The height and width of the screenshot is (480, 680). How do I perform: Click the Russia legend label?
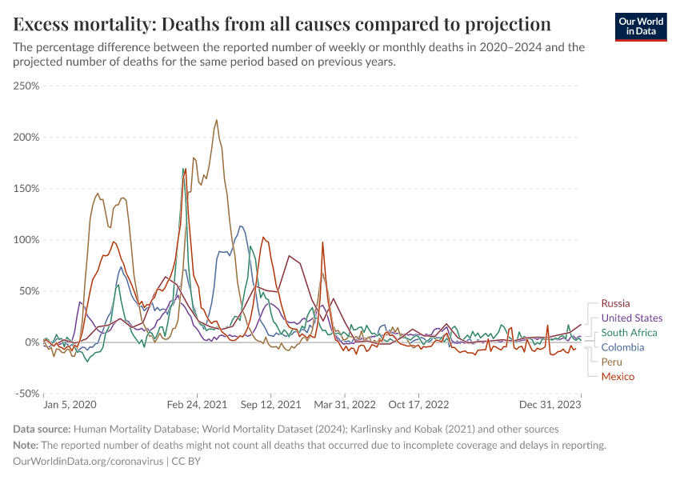[615, 303]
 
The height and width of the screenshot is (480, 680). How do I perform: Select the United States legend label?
[631, 318]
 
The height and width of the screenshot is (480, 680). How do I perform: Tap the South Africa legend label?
[629, 333]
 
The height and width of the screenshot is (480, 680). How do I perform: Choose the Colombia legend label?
[622, 347]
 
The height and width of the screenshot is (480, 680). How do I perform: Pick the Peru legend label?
[612, 362]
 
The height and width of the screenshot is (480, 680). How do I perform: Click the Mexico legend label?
[618, 376]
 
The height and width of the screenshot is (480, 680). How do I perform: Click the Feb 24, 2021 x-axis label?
[198, 405]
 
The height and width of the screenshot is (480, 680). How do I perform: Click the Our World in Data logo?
[640, 26]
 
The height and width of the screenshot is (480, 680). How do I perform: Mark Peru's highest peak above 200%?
[216, 121]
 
